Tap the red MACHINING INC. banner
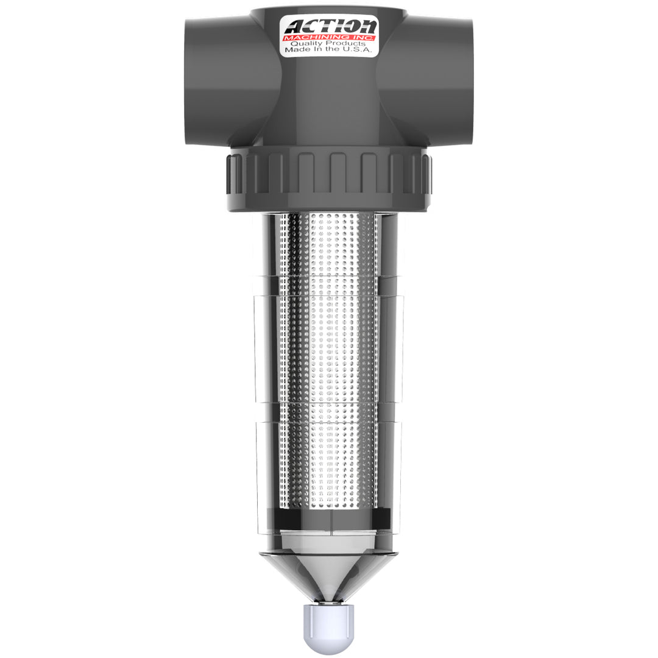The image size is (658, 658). pyautogui.click(x=330, y=38)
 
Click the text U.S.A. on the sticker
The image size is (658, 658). pyautogui.click(x=356, y=51)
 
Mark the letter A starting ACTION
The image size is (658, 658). pyautogui.click(x=295, y=27)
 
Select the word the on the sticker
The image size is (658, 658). pyautogui.click(x=337, y=51)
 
